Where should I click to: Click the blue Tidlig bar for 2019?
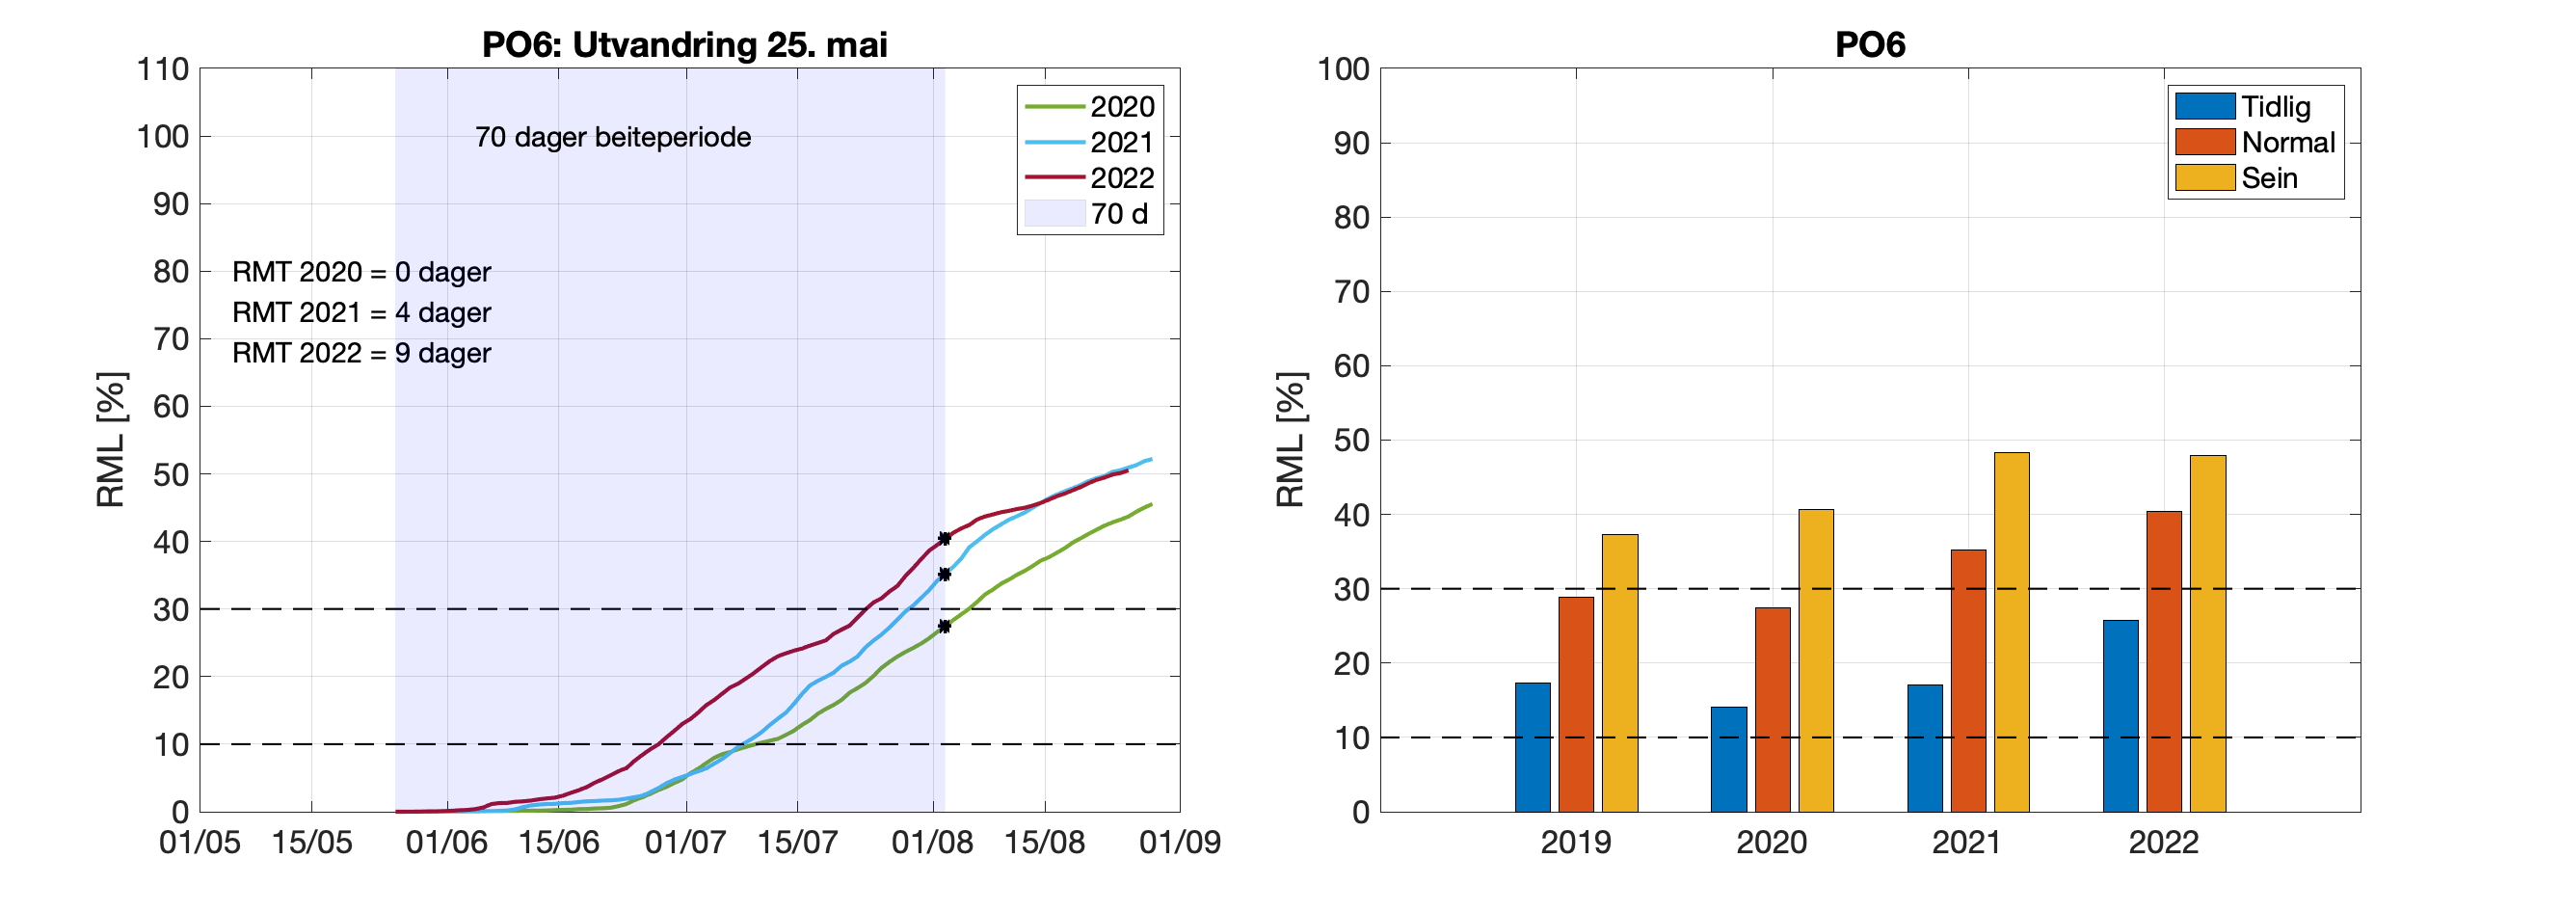pos(1532,747)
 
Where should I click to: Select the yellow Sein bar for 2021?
pos(2012,632)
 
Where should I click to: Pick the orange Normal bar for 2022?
pos(2163,661)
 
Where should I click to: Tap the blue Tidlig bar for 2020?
pos(1728,759)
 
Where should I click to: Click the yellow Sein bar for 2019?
pos(1619,673)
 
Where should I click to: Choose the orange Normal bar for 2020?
pos(1772,710)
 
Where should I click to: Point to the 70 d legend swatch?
pos(1054,214)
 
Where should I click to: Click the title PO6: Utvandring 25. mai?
pos(684,44)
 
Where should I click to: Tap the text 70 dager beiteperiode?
pos(612,137)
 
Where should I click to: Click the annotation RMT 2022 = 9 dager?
pos(360,353)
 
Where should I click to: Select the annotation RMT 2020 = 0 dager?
pos(360,273)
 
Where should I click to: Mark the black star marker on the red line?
pos(945,539)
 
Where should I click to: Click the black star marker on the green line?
pos(945,627)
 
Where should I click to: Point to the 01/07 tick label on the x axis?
pos(685,843)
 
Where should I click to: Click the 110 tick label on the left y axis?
pos(163,69)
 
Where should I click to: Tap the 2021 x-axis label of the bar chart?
pos(1965,843)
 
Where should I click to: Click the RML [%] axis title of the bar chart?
pos(1290,440)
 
